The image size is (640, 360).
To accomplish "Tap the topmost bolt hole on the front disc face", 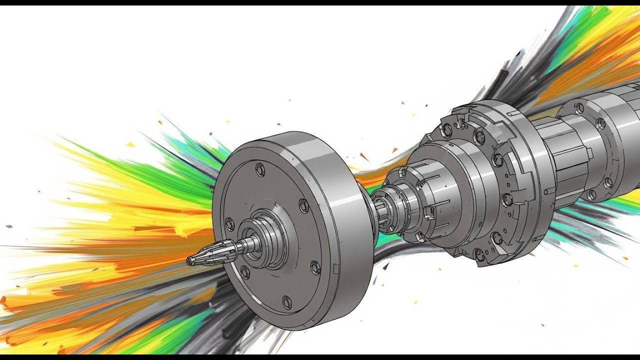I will point(260,169).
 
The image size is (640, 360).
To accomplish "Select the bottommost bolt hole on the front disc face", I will point(286,301).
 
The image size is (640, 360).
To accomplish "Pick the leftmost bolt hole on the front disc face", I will point(229,224).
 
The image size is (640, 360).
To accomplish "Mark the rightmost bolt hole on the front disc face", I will point(315,267).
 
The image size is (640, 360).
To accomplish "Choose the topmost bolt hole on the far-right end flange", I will point(579,108).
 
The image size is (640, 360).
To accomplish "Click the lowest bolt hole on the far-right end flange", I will point(591,194).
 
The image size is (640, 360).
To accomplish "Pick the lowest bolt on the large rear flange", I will point(479,255).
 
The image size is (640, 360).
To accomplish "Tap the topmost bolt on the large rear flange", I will point(447,130).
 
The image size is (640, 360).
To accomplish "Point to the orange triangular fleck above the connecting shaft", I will point(364,156).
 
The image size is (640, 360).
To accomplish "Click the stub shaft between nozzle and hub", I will point(247,245).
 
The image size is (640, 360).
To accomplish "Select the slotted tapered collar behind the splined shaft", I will point(425,200).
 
